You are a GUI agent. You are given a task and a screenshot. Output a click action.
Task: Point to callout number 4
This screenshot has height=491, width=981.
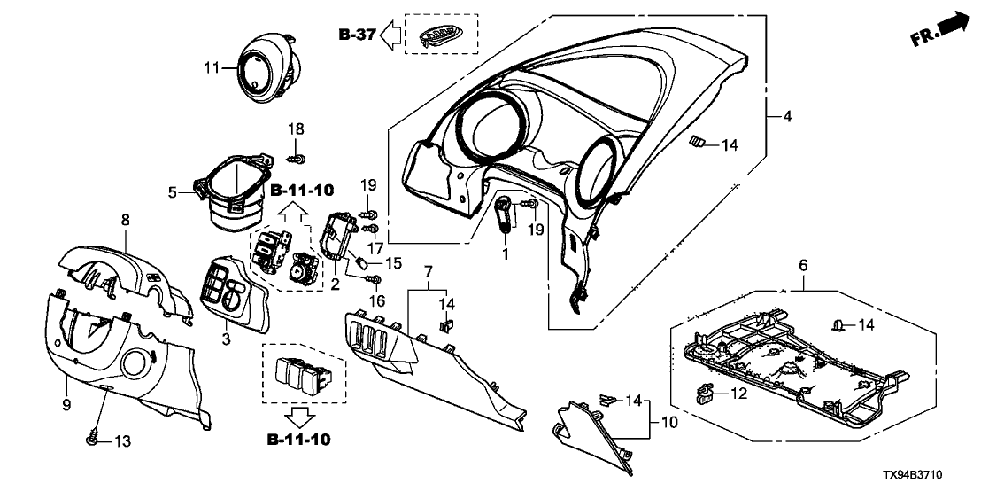785,115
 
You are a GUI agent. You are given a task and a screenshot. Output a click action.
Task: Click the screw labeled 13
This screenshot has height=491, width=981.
91,439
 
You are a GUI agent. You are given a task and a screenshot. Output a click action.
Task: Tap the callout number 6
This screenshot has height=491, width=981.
803,264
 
